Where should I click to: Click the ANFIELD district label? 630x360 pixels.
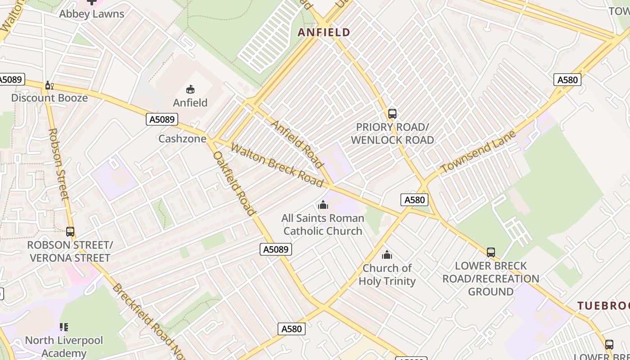click(x=324, y=32)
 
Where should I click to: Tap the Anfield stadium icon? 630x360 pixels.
click(x=190, y=89)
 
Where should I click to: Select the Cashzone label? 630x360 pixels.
click(x=182, y=139)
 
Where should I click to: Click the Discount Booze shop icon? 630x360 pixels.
click(x=49, y=85)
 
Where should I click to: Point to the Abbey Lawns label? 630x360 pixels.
click(x=92, y=14)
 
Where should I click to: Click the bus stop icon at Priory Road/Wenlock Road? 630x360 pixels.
click(x=392, y=114)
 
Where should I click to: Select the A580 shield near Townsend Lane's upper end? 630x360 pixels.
click(x=567, y=80)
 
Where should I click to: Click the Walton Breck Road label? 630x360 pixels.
click(x=277, y=165)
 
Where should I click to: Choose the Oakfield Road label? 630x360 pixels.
click(x=234, y=183)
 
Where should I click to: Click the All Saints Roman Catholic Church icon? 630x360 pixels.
click(x=323, y=206)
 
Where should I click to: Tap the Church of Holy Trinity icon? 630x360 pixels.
click(x=387, y=255)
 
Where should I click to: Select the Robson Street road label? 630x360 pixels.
click(x=58, y=164)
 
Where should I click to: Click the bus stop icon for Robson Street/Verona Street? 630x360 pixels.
click(x=70, y=232)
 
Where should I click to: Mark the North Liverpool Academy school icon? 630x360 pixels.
click(x=64, y=327)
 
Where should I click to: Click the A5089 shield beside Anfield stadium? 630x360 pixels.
click(x=162, y=119)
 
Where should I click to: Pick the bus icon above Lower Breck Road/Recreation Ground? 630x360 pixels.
click(x=490, y=252)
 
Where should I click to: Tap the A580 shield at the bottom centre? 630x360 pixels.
click(x=291, y=329)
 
